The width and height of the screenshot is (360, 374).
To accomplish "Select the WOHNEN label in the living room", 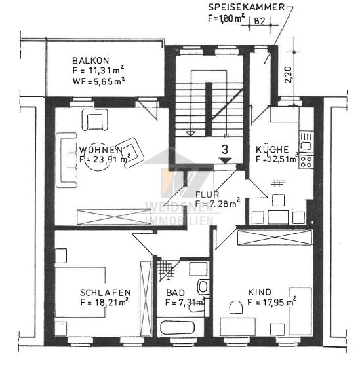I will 100,149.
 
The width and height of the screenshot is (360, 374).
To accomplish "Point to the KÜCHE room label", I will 271,149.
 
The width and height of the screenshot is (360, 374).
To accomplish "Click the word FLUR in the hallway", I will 207,195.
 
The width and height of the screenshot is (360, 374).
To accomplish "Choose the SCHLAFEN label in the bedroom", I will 105,292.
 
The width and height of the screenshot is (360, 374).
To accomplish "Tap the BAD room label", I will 174,292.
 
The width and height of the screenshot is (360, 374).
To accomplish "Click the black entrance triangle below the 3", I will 224,160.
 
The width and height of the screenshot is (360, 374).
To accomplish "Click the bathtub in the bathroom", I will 173,328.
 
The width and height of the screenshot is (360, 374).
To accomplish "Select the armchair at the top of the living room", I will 94,120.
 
